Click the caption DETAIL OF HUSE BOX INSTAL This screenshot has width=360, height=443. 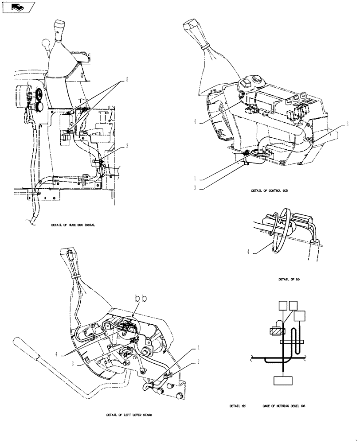tap(73, 225)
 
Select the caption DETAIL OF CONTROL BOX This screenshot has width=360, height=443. tap(269, 190)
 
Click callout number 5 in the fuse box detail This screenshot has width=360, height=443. tap(127, 80)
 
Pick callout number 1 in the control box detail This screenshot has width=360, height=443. tap(195, 178)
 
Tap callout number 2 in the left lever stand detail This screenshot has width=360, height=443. tap(198, 361)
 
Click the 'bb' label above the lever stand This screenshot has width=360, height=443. tap(141, 299)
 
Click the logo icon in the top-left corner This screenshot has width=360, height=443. tap(18, 7)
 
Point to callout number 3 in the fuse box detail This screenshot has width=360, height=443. tap(127, 146)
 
